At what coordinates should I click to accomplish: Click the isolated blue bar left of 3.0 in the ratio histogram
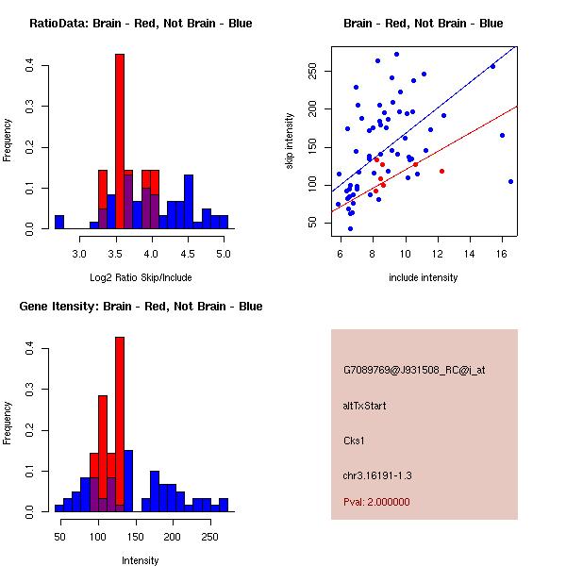point(58,223)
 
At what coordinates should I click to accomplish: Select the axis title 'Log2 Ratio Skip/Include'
point(139,277)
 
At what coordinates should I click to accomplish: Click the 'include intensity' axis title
point(423,277)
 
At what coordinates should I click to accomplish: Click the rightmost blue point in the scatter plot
point(510,181)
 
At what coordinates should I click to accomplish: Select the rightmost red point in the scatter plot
point(441,171)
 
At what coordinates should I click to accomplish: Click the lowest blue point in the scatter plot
point(350,228)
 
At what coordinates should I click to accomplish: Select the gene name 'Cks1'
point(355,440)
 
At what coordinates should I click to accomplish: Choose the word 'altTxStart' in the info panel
point(365,406)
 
